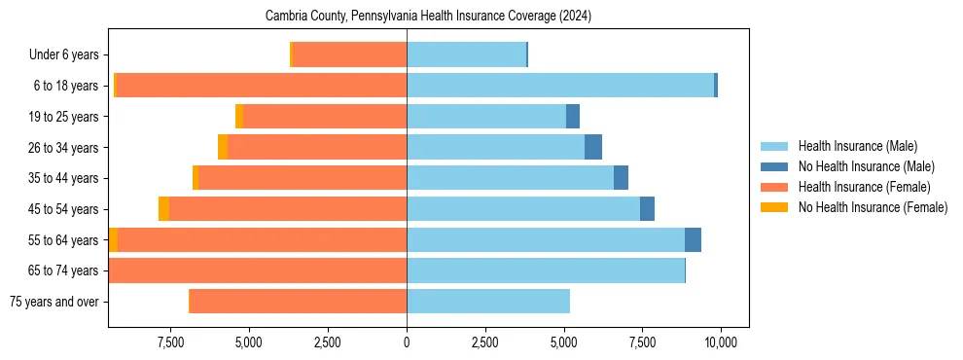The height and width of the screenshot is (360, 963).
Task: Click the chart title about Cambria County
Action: click(428, 17)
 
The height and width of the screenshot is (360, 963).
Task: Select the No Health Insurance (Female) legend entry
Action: click(873, 207)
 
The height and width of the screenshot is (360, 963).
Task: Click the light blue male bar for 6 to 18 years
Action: click(560, 86)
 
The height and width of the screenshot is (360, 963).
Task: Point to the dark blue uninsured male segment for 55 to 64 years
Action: click(693, 240)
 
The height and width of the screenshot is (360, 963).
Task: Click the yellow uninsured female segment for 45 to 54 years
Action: click(163, 209)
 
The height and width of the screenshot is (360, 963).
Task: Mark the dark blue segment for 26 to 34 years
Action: click(593, 147)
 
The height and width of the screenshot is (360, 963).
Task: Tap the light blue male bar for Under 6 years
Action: click(466, 55)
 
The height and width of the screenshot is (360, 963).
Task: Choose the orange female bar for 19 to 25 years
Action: click(325, 117)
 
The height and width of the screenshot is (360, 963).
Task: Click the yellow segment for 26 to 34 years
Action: click(223, 147)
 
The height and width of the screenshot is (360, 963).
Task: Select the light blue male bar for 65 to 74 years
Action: click(546, 270)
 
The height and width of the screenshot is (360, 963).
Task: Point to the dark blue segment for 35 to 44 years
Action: click(621, 178)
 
